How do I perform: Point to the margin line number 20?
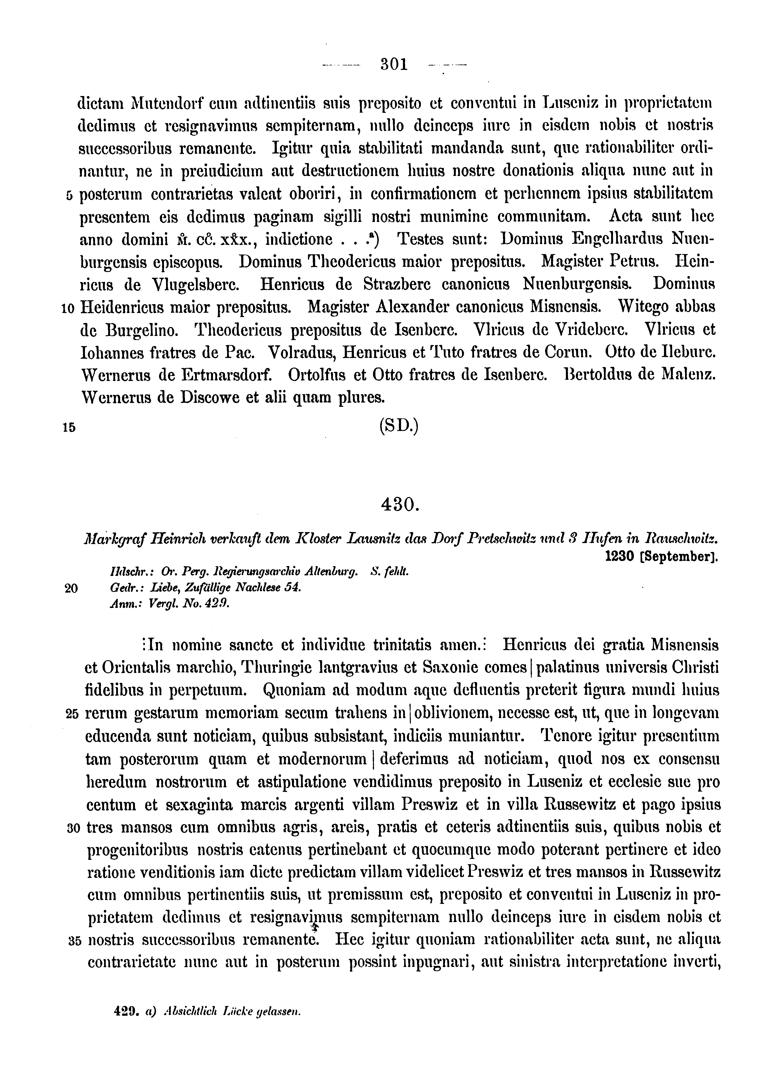pyautogui.click(x=70, y=588)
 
